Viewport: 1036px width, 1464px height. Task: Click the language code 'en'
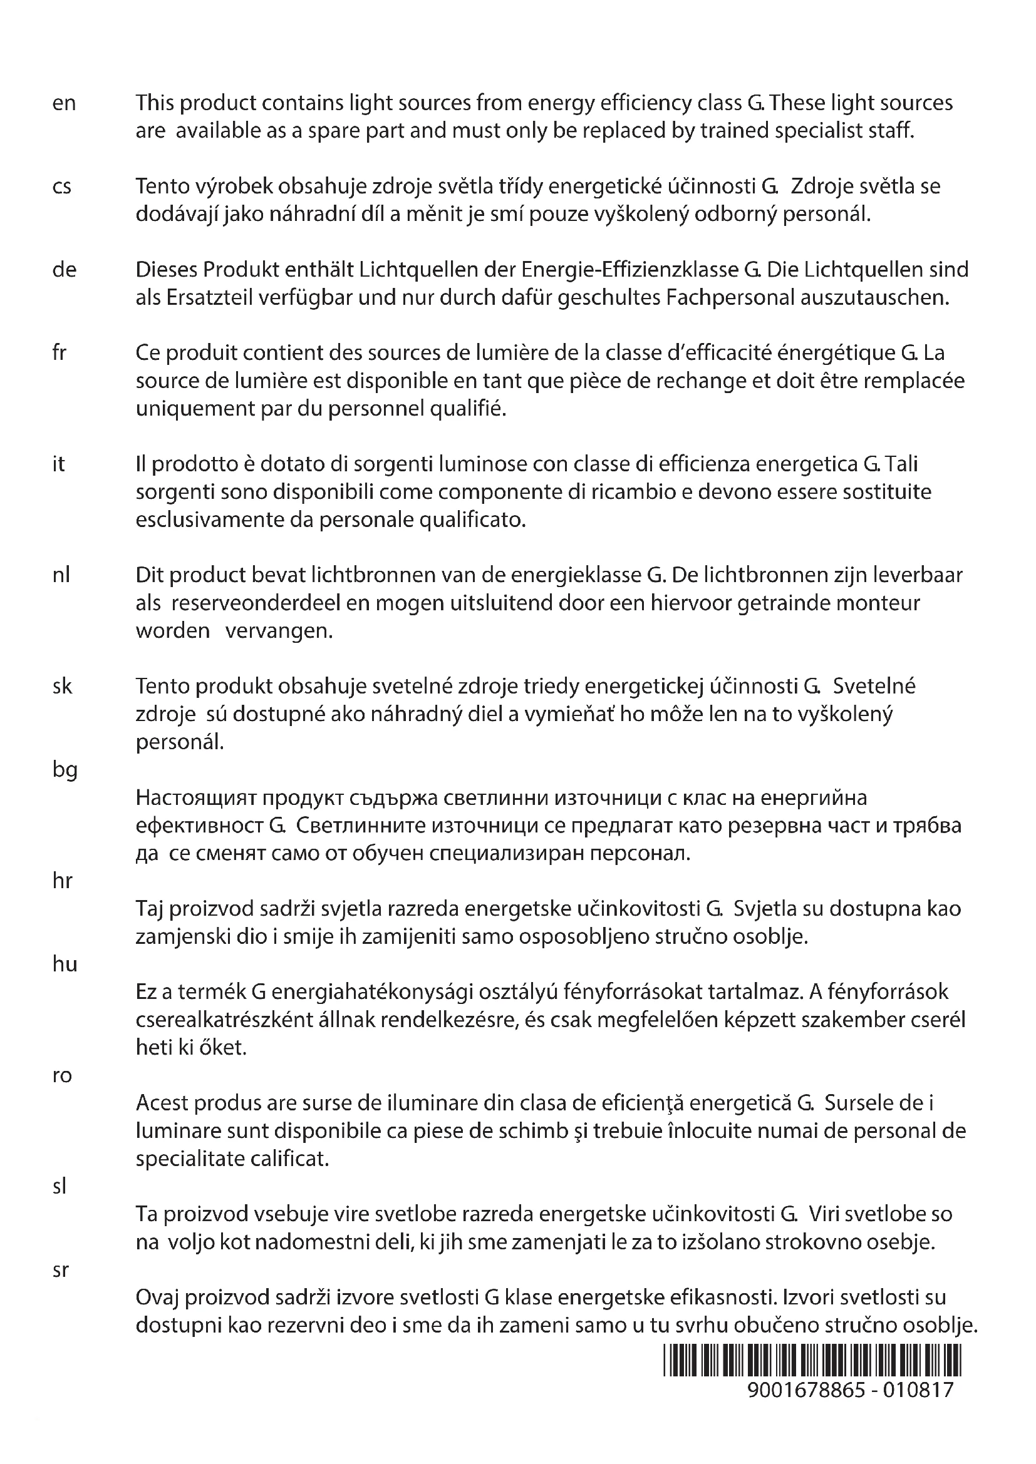64,103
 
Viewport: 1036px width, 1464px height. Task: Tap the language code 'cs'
62,187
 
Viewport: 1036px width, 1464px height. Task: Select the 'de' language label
64,270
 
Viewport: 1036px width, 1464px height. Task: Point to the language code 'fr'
60,352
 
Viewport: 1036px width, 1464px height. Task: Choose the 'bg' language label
65,771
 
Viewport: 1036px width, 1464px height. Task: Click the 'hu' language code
65,964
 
